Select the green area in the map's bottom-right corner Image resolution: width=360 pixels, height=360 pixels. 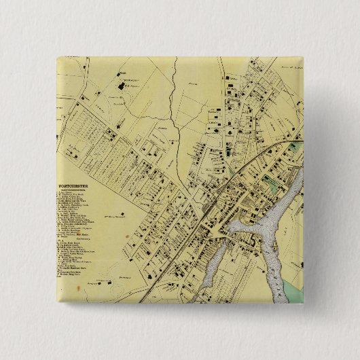pyautogui.click(x=292, y=271)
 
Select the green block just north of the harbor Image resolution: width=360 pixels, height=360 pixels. pyautogui.click(x=272, y=183)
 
